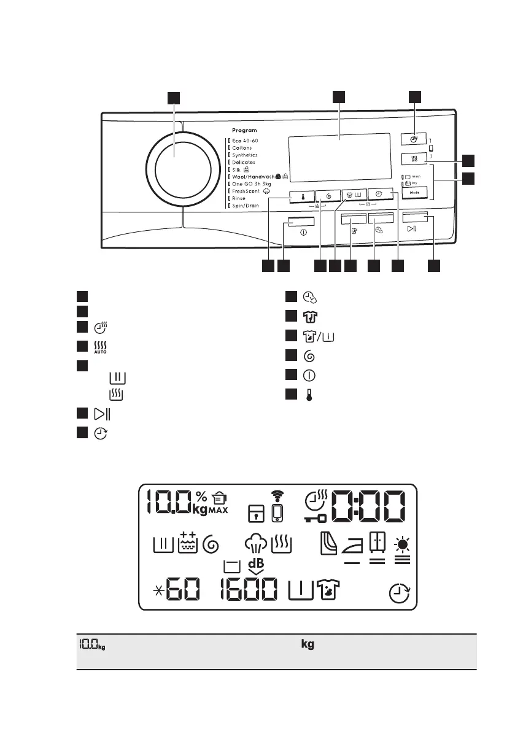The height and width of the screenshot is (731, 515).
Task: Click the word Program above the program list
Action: (244, 131)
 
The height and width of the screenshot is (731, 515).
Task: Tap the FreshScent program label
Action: (246, 191)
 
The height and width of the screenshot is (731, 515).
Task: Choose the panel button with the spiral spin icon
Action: (329, 196)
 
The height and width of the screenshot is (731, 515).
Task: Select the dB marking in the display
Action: (256, 563)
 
